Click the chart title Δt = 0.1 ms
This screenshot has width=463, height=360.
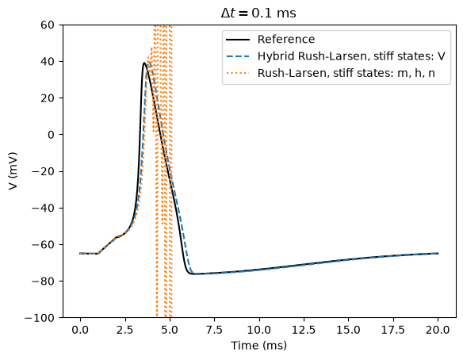pos(258,13)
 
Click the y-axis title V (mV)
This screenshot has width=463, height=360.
pos(13,171)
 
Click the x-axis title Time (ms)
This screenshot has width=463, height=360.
pos(258,346)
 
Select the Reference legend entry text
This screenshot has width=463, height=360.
pos(286,40)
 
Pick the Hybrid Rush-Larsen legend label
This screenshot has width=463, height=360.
pos(351,56)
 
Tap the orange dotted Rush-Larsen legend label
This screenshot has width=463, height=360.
pos(346,73)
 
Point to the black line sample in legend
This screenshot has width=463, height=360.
pos(238,40)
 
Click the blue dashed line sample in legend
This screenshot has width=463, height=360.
pos(238,56)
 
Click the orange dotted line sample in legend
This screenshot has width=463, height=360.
pos(238,73)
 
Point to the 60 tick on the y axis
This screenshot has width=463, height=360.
pos(48,25)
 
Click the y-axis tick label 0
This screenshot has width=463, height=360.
pos(51,135)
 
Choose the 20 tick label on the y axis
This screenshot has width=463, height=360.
pos(48,98)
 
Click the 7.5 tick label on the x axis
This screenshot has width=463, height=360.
pos(214,330)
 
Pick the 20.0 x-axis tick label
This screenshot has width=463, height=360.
pos(438,330)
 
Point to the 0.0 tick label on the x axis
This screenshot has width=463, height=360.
pos(80,330)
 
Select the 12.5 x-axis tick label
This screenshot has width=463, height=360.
pos(304,330)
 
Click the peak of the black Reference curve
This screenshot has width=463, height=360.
pos(144,63)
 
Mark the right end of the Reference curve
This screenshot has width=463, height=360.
pos(438,254)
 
